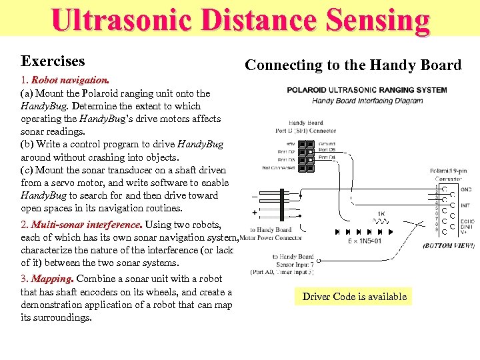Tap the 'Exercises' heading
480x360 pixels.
point(53,61)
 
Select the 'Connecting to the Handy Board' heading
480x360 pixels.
point(353,65)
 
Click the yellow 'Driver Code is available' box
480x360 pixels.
point(354,297)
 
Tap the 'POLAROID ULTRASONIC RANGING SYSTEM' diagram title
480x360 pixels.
point(367,90)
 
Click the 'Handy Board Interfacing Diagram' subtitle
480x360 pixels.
point(367,101)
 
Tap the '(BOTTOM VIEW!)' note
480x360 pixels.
point(448,246)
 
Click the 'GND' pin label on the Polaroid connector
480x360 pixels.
point(465,189)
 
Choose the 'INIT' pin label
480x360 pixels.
point(465,205)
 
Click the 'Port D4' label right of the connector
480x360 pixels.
point(327,157)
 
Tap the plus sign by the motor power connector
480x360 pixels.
point(255,212)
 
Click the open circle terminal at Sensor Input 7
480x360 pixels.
point(319,261)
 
